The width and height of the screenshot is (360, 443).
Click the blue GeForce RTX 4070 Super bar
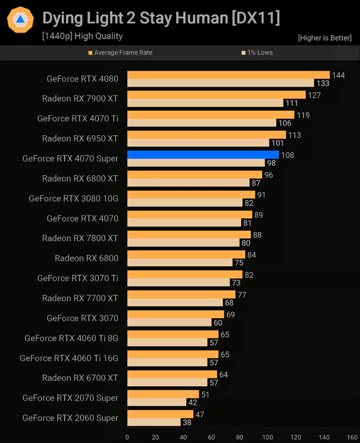203,155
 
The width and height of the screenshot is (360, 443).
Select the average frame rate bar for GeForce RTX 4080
228,75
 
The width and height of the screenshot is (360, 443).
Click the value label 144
338,75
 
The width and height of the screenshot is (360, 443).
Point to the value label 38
187,422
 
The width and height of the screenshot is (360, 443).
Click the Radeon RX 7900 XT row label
80,99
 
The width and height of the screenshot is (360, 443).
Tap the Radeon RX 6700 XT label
80,378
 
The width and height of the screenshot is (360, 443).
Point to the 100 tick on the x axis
268,436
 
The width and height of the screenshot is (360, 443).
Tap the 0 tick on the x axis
127,436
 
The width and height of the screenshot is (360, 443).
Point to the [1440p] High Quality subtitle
82,36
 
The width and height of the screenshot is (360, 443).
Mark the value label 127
314,95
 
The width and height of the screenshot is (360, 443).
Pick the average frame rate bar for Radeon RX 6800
186,254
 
